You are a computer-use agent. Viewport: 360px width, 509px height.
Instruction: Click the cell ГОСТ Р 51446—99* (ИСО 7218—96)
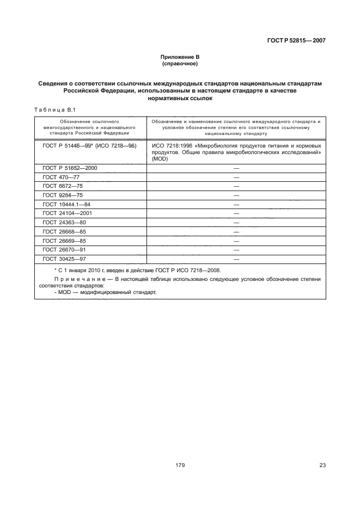pos(89,146)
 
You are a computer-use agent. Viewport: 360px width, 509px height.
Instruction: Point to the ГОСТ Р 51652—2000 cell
pos(70,168)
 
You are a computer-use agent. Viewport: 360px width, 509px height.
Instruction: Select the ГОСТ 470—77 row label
pos(61,177)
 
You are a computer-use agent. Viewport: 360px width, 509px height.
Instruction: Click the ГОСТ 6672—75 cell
pos(63,186)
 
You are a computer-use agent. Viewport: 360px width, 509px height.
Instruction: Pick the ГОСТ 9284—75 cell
pos(63,195)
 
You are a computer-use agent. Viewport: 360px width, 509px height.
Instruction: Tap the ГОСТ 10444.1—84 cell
pos(66,204)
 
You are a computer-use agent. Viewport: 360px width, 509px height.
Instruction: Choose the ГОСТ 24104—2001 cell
pos(68,213)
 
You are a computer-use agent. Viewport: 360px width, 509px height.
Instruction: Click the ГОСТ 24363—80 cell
pos(64,223)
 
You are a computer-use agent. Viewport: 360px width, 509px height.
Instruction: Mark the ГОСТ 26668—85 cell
pos(64,231)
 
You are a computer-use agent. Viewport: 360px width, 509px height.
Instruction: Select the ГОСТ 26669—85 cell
pos(64,241)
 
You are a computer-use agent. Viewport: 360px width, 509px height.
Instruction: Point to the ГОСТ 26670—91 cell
pos(64,250)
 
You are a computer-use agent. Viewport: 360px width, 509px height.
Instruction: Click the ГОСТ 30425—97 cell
pos(64,259)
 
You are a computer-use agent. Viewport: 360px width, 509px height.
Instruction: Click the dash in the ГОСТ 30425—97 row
pos(236,259)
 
